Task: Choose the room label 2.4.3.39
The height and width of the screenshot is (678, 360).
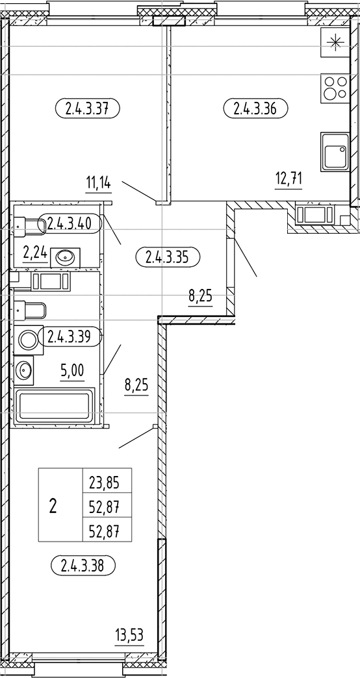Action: pos(73,336)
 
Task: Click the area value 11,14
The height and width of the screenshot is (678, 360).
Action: pos(98,183)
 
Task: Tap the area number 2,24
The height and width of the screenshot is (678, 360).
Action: pos(34,253)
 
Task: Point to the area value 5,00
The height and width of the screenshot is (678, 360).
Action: pos(71,371)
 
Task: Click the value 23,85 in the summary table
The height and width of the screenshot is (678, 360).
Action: pos(107,482)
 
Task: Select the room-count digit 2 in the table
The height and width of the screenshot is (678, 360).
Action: pos(53,505)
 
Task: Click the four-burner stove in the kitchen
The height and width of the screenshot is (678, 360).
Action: pos(335,87)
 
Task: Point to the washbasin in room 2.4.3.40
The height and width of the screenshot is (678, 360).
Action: pos(66,257)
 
